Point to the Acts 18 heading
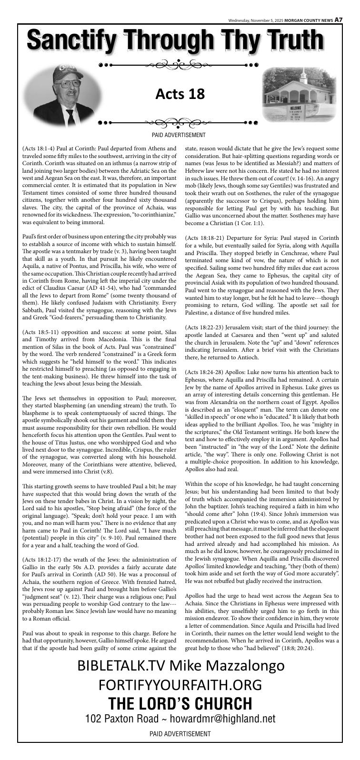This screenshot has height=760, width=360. [180, 94]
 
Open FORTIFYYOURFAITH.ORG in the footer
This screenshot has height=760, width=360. [180, 685]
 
